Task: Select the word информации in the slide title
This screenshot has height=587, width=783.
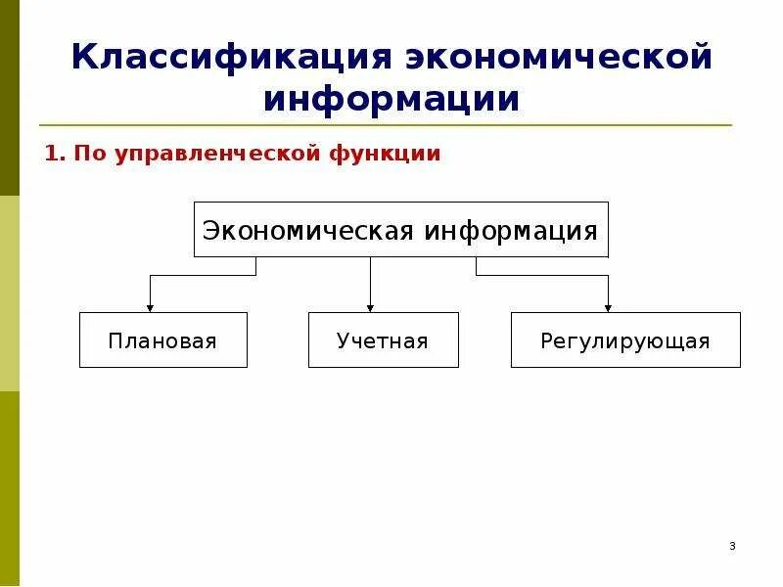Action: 391,100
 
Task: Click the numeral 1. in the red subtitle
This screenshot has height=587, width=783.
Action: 54,154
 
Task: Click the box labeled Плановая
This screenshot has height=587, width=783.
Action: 162,340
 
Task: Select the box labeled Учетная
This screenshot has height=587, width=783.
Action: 383,340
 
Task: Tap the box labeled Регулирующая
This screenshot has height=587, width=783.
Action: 624,340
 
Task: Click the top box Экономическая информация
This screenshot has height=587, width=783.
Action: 400,230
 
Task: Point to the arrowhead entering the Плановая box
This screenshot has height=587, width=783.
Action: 150,307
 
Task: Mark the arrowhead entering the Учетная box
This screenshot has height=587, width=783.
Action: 370,307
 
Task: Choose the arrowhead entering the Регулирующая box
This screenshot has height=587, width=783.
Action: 608,307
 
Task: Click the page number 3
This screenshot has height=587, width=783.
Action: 732,546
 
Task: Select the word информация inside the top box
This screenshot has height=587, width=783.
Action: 510,231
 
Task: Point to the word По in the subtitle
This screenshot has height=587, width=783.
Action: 87,154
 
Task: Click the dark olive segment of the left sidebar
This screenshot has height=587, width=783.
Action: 9,98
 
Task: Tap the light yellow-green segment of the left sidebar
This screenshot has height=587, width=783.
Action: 9,293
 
